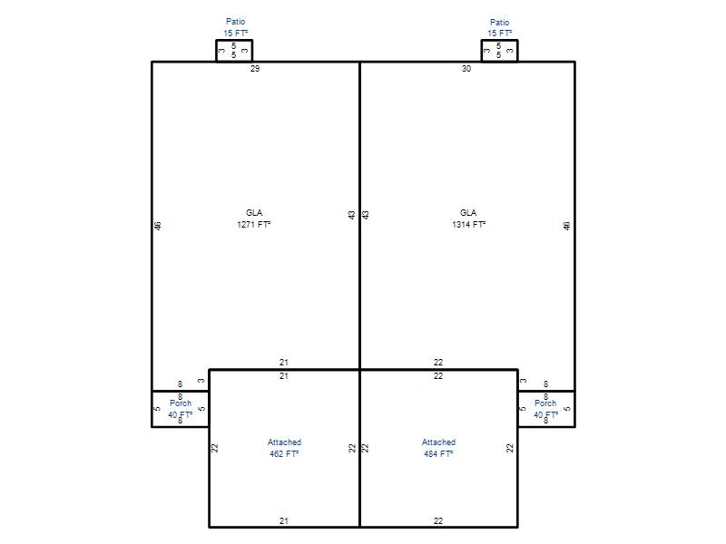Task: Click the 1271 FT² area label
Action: (x=254, y=224)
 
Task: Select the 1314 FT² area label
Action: (x=468, y=224)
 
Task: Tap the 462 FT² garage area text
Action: (x=284, y=454)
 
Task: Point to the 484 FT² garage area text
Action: (x=438, y=454)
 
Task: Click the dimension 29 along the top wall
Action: (x=255, y=69)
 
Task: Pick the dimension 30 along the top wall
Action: (x=466, y=69)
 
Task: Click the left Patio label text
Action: (x=236, y=21)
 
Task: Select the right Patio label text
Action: (x=500, y=22)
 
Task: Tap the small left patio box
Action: (x=234, y=40)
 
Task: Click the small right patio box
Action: (x=500, y=40)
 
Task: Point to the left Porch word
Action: (x=181, y=403)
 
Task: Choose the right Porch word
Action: (x=545, y=403)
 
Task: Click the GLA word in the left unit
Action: (x=254, y=212)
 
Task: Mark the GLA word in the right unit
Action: (x=468, y=212)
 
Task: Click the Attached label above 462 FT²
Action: (x=284, y=442)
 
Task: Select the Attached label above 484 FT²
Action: (x=438, y=442)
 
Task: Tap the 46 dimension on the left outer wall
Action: (x=157, y=226)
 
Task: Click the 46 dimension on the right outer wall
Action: (x=566, y=226)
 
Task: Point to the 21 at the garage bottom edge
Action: (x=284, y=520)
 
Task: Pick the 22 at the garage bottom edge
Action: (x=438, y=520)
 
